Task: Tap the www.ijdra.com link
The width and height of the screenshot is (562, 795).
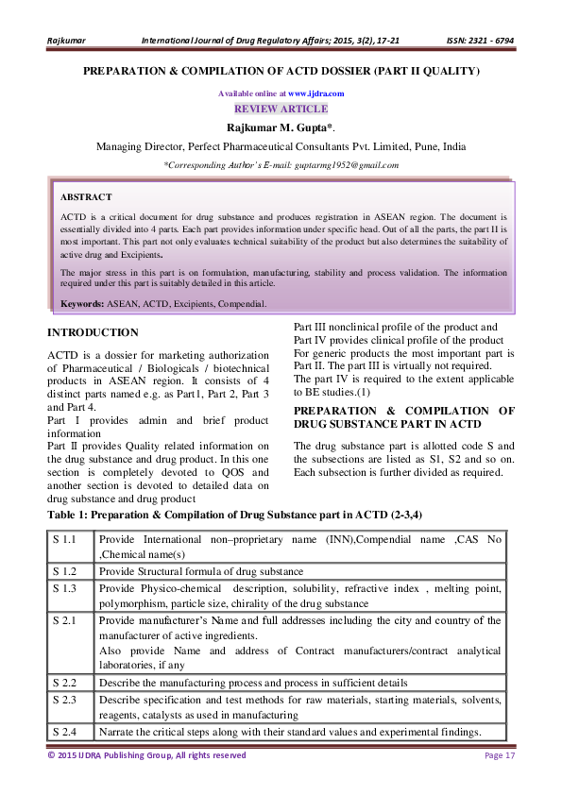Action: point(315,93)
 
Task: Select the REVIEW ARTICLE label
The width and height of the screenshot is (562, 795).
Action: point(281,109)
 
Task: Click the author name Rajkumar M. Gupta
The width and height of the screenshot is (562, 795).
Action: point(279,127)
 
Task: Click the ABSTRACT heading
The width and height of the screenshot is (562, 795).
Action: point(85,196)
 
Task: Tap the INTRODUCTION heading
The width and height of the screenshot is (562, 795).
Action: point(93,332)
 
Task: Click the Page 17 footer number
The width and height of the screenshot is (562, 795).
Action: point(499,755)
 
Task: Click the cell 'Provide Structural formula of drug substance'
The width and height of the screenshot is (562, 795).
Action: point(200,571)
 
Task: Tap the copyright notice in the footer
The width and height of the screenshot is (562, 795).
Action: point(146,755)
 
